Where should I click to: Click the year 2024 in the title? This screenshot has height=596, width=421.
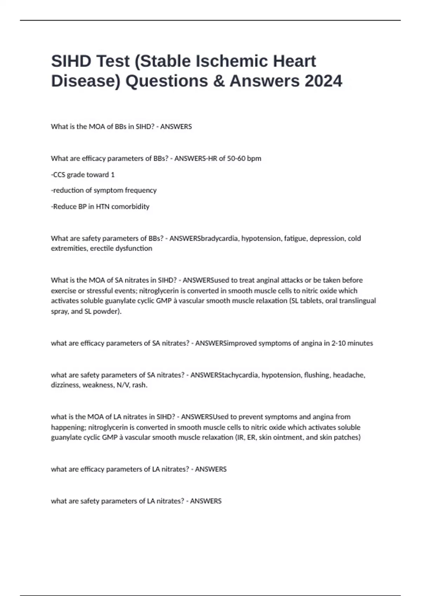point(323,81)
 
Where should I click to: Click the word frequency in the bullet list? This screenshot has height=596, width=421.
point(141,190)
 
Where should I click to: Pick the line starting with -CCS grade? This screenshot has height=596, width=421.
point(83,175)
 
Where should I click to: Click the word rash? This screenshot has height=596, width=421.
point(140,385)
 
